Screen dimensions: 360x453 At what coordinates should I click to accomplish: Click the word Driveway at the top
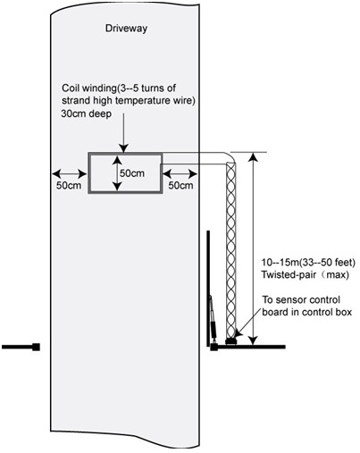point(126,29)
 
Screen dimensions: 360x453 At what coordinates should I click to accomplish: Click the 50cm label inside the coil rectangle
point(132,173)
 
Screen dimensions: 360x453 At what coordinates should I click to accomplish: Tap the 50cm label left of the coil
point(69,185)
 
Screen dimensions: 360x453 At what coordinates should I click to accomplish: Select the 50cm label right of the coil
point(180,185)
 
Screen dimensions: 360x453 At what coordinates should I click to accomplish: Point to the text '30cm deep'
point(87,113)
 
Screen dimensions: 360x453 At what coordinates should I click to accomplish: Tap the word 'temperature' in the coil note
point(147,101)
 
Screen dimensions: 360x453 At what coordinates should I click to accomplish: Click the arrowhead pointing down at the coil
point(123,148)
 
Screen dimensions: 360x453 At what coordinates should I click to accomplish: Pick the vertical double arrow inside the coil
point(117,173)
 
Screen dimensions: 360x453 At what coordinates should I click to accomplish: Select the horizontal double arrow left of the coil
point(70,173)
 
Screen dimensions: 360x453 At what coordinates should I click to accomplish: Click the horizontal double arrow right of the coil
point(180,173)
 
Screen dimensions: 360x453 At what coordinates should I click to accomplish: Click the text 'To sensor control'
point(301,299)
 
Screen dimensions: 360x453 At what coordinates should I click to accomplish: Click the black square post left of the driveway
point(36,347)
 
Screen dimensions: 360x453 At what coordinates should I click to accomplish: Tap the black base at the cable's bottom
point(231,341)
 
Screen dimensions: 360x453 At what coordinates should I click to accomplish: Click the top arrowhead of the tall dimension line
point(253,156)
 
